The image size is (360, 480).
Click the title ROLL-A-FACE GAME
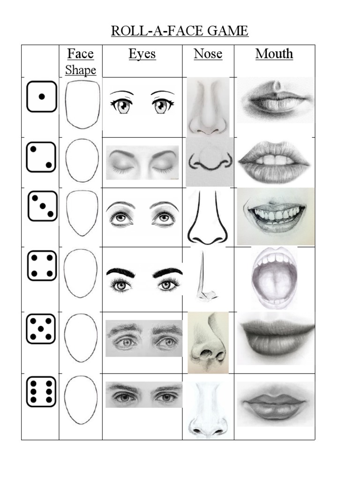[180, 31]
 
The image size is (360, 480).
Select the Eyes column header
[142, 54]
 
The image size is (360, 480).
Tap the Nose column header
[208, 54]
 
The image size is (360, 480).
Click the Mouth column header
[274, 54]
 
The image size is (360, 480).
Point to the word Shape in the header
[81, 70]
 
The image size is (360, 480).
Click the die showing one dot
[42, 97]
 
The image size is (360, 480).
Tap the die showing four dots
[42, 265]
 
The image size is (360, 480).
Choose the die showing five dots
[41, 329]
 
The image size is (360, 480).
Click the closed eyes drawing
[142, 162]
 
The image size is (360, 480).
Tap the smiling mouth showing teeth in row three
[276, 216]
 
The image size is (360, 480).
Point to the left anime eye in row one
[122, 105]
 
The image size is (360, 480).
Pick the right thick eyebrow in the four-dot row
[167, 272]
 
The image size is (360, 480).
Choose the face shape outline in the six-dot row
[81, 400]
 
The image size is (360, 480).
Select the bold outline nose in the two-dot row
[210, 162]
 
